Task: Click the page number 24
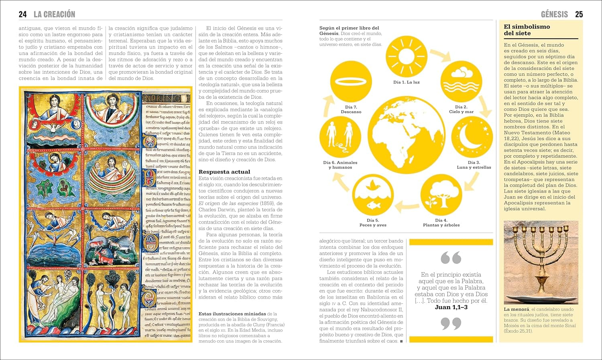[x=22, y=14]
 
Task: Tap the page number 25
[x=579, y=14]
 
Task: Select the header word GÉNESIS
[x=554, y=14]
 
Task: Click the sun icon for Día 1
[x=406, y=57]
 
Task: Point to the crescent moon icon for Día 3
[x=472, y=136]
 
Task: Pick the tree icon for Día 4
[x=441, y=195]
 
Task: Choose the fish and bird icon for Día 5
[x=373, y=195]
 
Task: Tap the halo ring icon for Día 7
[x=351, y=81]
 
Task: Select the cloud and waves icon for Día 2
[x=461, y=81]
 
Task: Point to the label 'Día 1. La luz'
[x=406, y=82]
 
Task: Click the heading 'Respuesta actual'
[x=224, y=172]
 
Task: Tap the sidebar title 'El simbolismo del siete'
[x=527, y=30]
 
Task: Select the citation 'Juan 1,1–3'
[x=451, y=307]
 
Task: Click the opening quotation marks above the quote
[x=451, y=258]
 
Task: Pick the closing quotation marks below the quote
[x=451, y=323]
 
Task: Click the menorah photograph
[x=541, y=262]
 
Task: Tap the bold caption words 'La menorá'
[x=516, y=309]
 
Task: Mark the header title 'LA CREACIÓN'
[x=54, y=14]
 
